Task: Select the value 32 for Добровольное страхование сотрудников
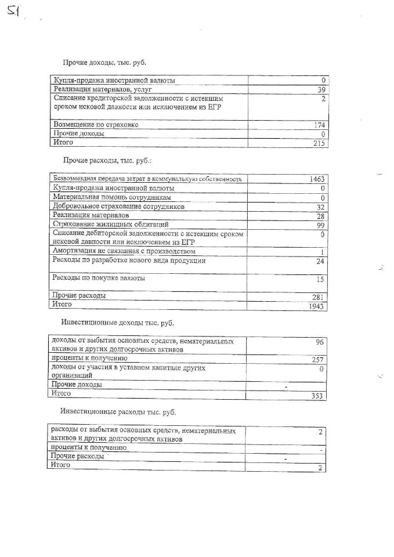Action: (321, 207)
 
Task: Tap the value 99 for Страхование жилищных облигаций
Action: (321, 225)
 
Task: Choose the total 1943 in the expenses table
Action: (317, 306)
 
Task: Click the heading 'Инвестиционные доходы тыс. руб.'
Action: (117, 322)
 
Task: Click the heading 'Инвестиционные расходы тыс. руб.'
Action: (118, 412)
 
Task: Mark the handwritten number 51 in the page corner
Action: (13, 10)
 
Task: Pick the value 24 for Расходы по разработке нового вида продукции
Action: (321, 261)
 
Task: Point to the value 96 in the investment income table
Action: (319, 342)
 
